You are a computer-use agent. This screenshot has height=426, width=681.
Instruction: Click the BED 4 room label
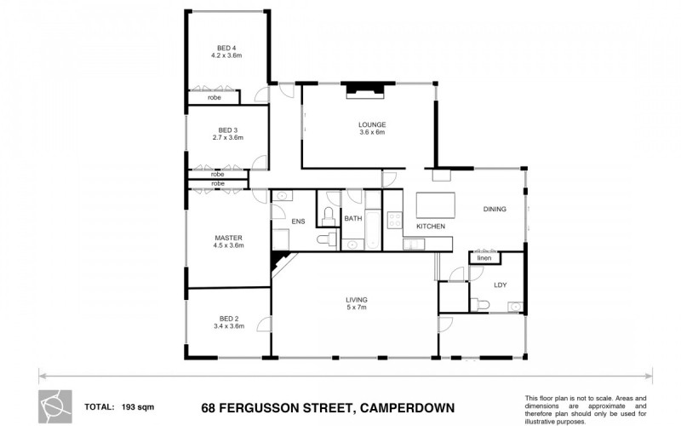(x=226, y=48)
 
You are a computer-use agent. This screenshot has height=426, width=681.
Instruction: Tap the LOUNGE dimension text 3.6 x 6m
(x=372, y=132)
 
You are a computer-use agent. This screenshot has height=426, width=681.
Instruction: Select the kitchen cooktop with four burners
(x=395, y=220)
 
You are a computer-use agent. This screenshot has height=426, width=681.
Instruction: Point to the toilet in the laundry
(x=479, y=304)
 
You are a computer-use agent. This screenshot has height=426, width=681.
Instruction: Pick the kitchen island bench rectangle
(x=436, y=205)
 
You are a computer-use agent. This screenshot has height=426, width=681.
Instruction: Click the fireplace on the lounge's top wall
(x=365, y=90)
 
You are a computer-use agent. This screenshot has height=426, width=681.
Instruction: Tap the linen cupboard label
(x=484, y=258)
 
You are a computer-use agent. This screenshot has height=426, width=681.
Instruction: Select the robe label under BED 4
(x=215, y=98)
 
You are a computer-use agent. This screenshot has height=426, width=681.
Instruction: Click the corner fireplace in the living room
(x=278, y=262)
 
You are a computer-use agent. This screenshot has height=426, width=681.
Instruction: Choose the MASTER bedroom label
(x=228, y=238)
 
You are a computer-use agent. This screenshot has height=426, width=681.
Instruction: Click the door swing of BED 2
(x=265, y=325)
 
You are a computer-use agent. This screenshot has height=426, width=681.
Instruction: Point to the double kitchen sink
(x=414, y=245)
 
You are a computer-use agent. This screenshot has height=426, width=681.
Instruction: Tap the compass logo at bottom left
(x=55, y=407)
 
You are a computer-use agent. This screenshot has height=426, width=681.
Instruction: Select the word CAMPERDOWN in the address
(x=408, y=408)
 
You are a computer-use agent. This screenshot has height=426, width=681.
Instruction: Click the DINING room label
(x=495, y=209)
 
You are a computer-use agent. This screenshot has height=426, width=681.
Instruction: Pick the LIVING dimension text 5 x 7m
(x=357, y=308)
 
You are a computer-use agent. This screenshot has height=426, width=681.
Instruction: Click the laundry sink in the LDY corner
(x=515, y=307)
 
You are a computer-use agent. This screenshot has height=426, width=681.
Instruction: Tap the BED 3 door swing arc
(x=260, y=162)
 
